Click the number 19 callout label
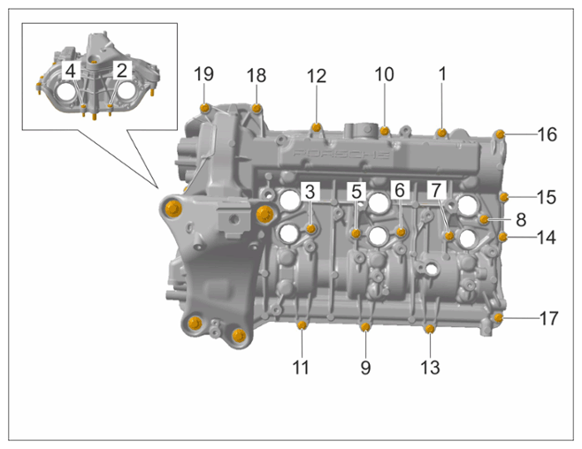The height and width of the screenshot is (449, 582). click(203, 74)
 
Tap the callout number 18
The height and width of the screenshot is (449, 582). click(257, 76)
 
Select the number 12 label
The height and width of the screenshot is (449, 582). click(317, 76)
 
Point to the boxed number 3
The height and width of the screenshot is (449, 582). click(310, 192)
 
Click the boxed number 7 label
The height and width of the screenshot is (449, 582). click(437, 190)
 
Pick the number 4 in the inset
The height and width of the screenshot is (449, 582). click(71, 71)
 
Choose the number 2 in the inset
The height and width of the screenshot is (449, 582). click(122, 71)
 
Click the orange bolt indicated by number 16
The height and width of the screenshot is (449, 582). click(501, 134)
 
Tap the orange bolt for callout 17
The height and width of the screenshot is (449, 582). click(498, 318)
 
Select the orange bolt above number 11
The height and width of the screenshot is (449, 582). click(302, 325)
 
